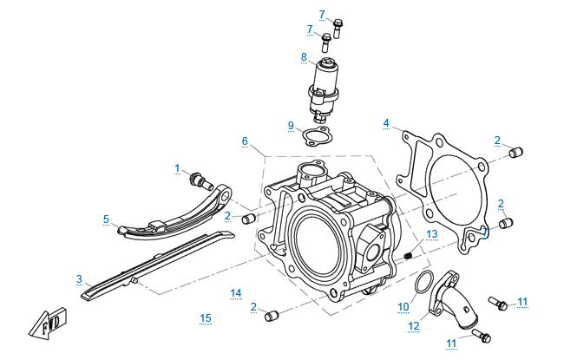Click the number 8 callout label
click(x=304, y=57)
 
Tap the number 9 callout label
click(x=292, y=125)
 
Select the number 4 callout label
click(x=385, y=123)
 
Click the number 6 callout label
click(x=245, y=141)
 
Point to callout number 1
click(x=177, y=167)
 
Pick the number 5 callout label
click(x=106, y=219)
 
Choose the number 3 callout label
click(x=79, y=279)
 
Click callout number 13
click(x=431, y=234)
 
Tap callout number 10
click(x=403, y=306)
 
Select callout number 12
click(x=413, y=327)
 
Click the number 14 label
click(x=236, y=292)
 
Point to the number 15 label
click(x=206, y=317)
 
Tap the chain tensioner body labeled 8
click(x=327, y=87)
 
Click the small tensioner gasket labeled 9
click(x=315, y=138)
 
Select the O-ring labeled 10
click(x=424, y=284)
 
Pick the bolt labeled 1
click(x=200, y=180)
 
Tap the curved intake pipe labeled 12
click(x=453, y=299)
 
